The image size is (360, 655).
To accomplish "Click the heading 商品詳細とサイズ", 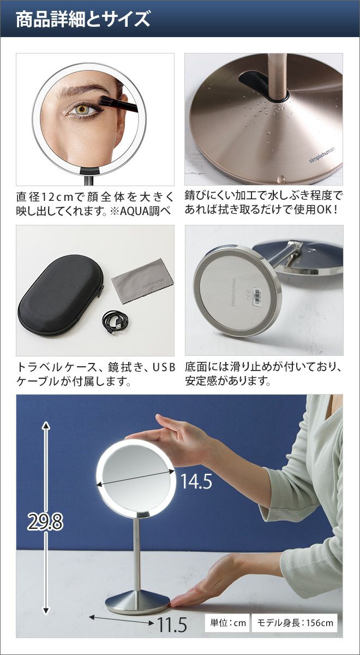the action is click(x=83, y=20).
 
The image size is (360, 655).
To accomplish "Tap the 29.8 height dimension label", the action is click(x=45, y=522).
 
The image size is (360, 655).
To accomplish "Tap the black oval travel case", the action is click(x=60, y=296).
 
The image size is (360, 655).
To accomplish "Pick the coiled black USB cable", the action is click(x=115, y=322).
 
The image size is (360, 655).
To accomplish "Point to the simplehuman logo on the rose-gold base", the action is click(x=322, y=155).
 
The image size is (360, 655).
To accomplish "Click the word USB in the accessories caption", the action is click(x=164, y=367).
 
